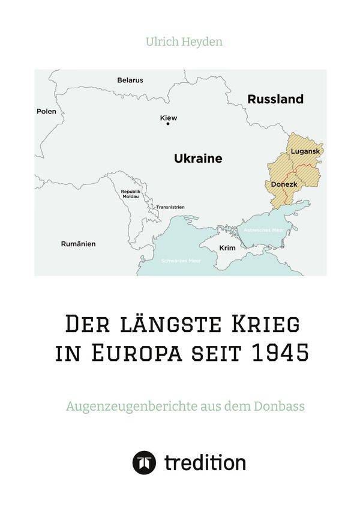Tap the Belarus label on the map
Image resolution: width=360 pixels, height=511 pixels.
130,80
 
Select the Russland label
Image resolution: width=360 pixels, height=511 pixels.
275,99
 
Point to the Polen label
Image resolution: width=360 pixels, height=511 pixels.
46,111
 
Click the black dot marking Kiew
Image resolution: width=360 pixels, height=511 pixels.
168,124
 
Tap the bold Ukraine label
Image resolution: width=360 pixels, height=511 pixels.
198,159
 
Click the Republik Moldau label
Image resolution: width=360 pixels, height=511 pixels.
130,194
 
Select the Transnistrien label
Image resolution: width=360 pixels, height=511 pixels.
170,207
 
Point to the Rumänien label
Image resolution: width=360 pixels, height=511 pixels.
79,244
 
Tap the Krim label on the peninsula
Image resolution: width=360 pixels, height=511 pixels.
227,247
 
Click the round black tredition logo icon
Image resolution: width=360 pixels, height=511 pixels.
144,463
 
